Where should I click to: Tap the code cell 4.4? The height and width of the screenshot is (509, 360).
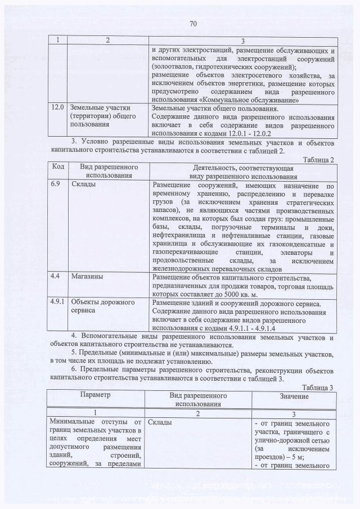pyautogui.click(x=56, y=277)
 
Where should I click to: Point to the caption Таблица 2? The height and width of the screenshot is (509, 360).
pyautogui.click(x=319, y=160)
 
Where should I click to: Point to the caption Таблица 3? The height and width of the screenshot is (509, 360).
pyautogui.click(x=319, y=388)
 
